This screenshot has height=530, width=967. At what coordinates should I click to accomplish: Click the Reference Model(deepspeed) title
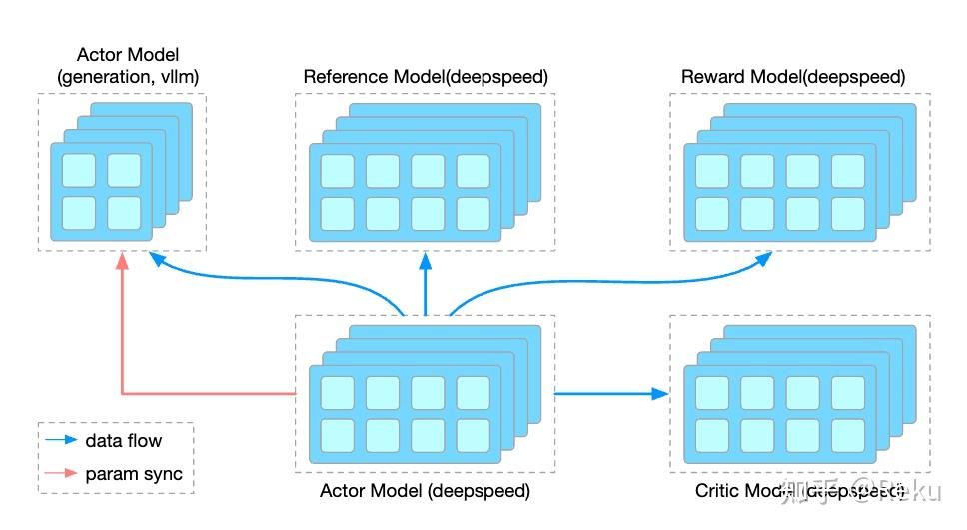pos(426,77)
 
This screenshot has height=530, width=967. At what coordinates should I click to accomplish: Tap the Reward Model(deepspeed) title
pos(793,77)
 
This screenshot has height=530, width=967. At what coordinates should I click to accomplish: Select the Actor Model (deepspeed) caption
pos(425,491)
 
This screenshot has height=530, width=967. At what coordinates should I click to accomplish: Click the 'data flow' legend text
pos(123,440)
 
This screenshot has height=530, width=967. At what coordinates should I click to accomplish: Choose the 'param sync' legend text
pos(134,474)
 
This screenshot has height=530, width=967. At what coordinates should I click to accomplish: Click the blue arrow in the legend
pos(60,440)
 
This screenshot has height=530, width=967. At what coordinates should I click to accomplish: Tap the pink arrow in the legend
pos(60,474)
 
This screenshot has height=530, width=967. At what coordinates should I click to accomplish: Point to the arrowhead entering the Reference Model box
pos(425,260)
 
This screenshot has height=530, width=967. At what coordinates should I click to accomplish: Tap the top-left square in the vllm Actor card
pos(79,171)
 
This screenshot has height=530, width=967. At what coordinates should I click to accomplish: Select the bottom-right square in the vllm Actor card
pos(125,213)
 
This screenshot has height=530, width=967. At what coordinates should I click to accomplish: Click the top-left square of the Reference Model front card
pos(337,171)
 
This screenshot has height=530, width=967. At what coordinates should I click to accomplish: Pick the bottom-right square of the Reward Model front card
pos(847,214)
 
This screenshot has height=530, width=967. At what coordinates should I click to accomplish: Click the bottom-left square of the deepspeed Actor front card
pos(337,435)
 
